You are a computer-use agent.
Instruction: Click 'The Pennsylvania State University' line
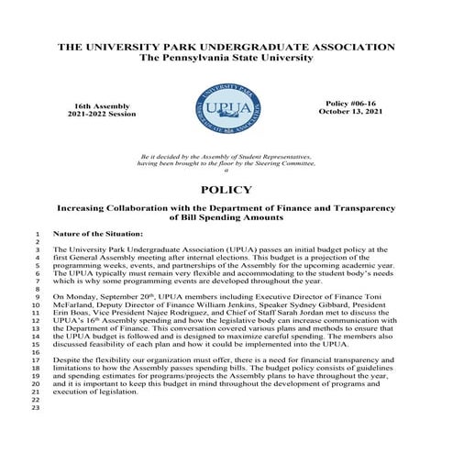click(226, 57)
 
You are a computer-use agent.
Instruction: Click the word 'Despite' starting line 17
click(67, 362)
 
